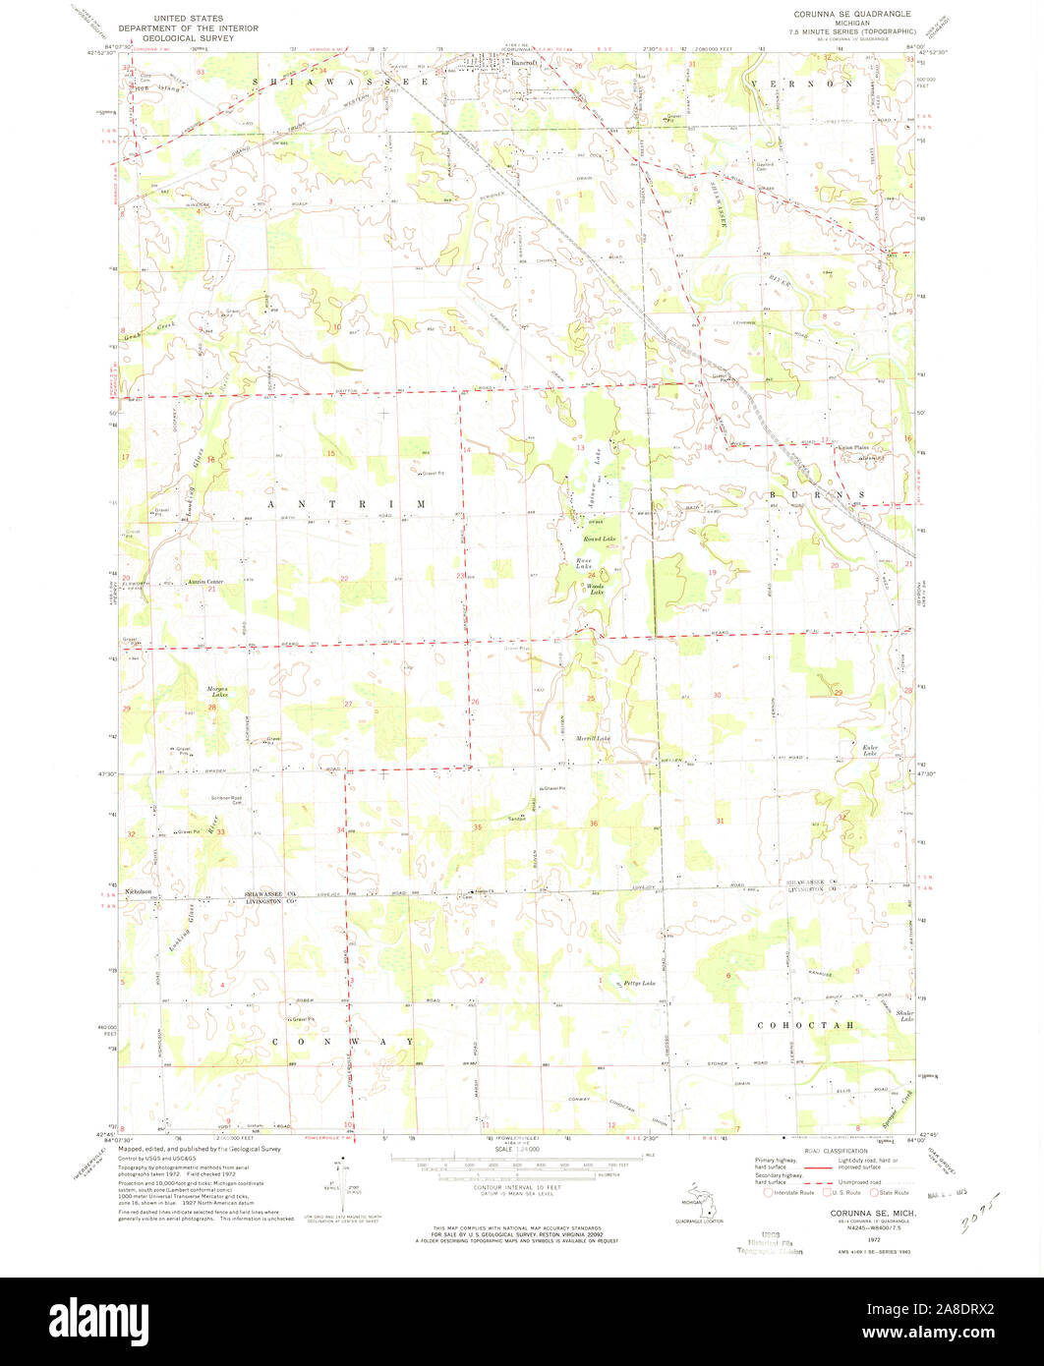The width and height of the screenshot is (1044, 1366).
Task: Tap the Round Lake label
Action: [599, 540]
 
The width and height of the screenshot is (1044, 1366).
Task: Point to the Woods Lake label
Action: [596, 590]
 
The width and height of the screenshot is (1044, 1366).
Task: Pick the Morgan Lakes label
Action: [216, 692]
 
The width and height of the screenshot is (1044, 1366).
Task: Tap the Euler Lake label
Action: [870, 750]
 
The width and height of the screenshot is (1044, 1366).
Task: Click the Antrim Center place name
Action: [205, 582]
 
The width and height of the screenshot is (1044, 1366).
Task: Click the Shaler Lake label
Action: [904, 1015]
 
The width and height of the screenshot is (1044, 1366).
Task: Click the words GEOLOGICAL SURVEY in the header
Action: [188, 38]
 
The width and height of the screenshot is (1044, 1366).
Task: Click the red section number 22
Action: [344, 578]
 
